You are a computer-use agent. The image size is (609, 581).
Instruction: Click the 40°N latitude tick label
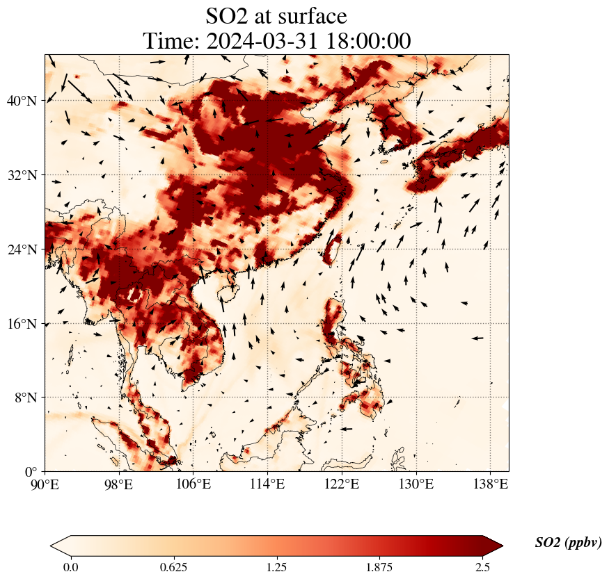(x=22, y=101)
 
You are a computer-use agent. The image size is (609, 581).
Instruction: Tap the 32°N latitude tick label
(x=22, y=175)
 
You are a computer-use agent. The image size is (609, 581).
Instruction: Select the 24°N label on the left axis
(x=22, y=249)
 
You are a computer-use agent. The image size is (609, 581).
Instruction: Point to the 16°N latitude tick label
(x=22, y=324)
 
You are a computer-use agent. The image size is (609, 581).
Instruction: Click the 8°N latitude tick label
(x=25, y=398)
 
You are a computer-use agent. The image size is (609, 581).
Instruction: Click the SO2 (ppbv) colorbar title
(x=568, y=543)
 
